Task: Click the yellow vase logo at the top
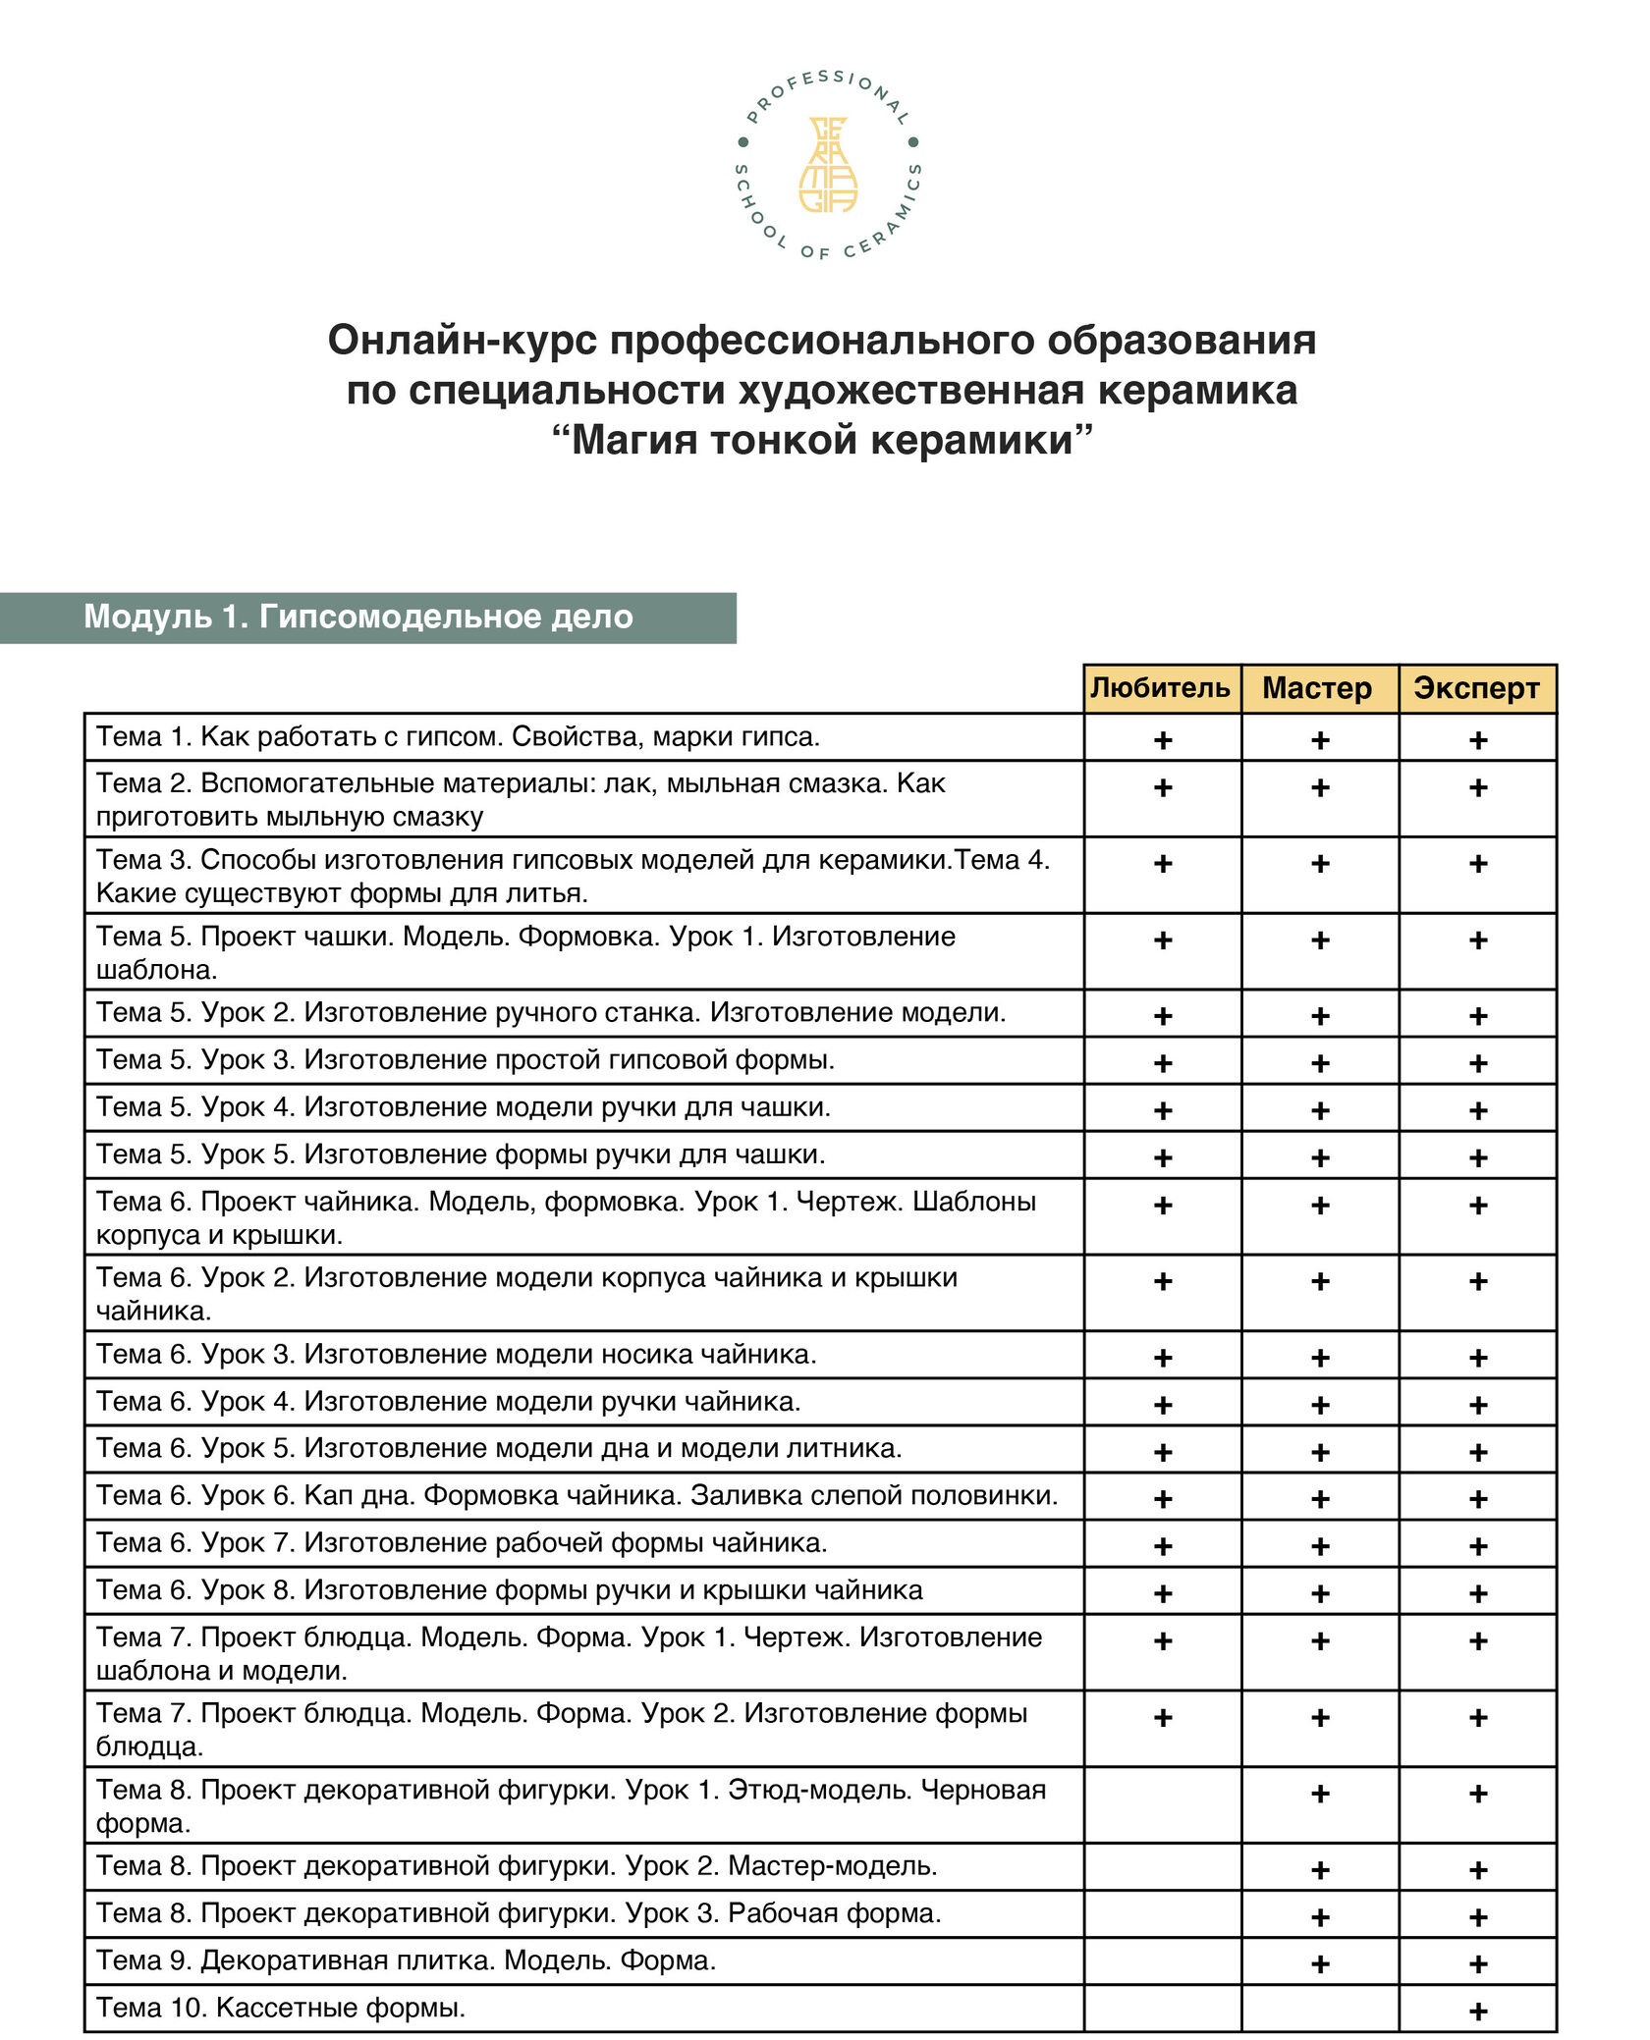coord(827,165)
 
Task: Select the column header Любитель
coord(1160,687)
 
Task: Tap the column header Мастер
coord(1317,687)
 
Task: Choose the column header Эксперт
coord(1476,687)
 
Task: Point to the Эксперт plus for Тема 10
coord(1477,2011)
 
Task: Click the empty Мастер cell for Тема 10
coord(1319,2008)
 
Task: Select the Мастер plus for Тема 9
coord(1320,1963)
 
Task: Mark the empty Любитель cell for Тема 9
coord(1162,1960)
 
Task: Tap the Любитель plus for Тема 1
coord(1163,739)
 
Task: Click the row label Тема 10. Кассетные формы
coord(281,2008)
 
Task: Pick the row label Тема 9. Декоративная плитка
coord(406,1960)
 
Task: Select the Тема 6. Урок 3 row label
coord(456,1354)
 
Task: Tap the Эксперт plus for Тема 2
coord(1477,787)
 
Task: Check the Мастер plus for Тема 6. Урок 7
coord(1320,1546)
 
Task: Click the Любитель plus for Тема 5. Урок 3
coord(1163,1063)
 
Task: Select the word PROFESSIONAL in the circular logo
coord(827,88)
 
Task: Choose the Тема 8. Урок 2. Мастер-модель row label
coord(517,1866)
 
